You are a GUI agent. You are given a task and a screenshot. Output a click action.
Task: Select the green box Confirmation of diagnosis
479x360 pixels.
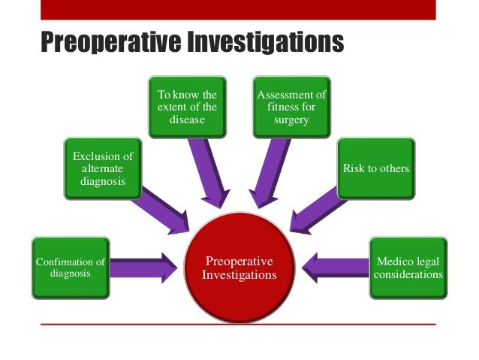tap(71, 268)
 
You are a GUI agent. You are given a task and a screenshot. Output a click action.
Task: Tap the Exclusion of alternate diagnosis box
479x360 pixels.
tap(102, 168)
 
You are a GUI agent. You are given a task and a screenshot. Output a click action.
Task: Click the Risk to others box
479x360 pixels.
tap(375, 168)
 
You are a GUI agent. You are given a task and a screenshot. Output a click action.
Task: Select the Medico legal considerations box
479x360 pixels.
tap(408, 268)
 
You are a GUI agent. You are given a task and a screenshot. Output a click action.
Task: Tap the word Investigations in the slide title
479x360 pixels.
tap(264, 42)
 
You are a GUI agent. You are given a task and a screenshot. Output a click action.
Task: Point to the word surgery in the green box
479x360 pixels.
tap(292, 120)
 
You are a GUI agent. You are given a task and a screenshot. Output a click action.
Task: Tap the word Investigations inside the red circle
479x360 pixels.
tap(239, 275)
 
